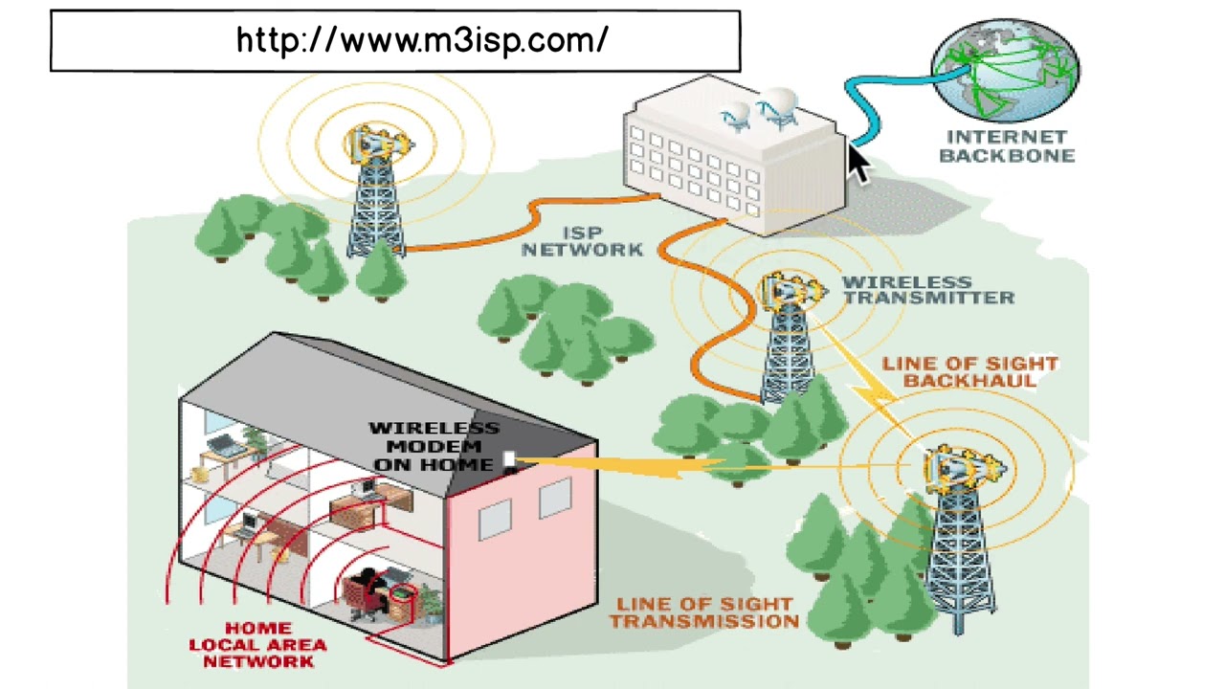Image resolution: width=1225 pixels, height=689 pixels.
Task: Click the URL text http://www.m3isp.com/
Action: pos(421,40)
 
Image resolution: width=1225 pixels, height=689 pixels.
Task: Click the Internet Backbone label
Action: pos(1007,146)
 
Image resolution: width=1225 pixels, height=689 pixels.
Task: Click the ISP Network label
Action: pos(582,241)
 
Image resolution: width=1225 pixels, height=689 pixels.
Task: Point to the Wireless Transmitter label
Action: pos(927,290)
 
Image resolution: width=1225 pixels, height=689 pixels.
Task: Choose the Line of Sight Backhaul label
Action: pos(969,372)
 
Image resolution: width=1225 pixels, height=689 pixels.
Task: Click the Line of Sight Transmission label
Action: pos(704,613)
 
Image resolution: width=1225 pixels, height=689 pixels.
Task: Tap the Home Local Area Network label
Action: pos(256,645)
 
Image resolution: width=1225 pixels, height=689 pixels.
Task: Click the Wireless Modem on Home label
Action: pos(434,446)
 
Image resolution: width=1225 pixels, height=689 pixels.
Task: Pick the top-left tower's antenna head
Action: pos(378,144)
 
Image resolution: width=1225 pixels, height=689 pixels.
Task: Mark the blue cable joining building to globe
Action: pos(866,105)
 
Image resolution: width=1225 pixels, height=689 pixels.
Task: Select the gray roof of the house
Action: pos(383,383)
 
